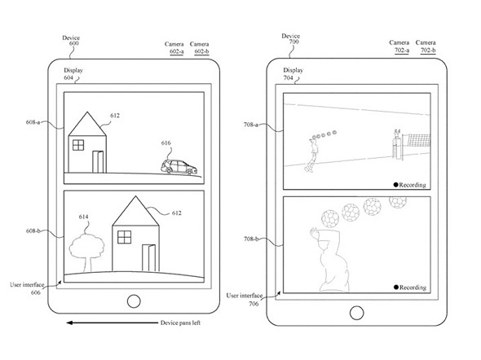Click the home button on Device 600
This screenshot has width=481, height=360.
[x=134, y=301]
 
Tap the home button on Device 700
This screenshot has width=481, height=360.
[x=356, y=313]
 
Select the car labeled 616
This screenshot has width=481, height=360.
[x=179, y=167]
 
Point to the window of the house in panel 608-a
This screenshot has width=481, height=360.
[x=78, y=145]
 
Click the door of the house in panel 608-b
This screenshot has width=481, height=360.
[x=148, y=258]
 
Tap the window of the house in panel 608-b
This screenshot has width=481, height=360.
[x=124, y=237]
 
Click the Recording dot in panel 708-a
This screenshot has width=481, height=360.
[x=395, y=185]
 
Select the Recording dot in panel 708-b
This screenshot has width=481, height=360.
[x=396, y=287]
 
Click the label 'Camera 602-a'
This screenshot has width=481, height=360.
[x=174, y=48]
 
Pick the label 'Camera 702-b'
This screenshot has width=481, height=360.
[x=426, y=46]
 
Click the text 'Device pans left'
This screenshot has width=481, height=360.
[x=180, y=323]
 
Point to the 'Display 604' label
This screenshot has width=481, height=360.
[x=73, y=74]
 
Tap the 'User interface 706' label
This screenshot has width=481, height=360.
[x=245, y=300]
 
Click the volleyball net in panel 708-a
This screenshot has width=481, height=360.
[x=419, y=140]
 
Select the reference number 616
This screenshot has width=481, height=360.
[x=166, y=143]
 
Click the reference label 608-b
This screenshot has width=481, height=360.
[x=33, y=230]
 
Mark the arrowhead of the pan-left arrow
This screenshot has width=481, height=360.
[x=69, y=323]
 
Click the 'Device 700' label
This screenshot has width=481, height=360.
[x=290, y=38]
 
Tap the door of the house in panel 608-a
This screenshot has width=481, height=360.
[x=98, y=162]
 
